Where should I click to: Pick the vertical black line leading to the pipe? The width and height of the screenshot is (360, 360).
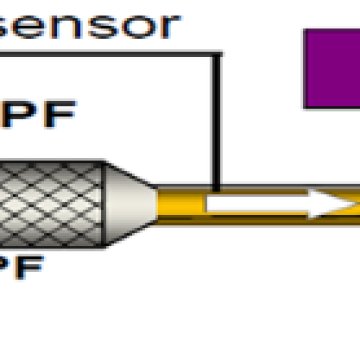[214, 120]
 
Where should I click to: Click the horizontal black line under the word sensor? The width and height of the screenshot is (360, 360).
[110, 54]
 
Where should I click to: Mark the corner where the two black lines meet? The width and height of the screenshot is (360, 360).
[214, 54]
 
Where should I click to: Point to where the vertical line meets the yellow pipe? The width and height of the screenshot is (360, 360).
[214, 191]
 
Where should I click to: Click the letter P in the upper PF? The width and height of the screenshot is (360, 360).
[20, 110]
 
